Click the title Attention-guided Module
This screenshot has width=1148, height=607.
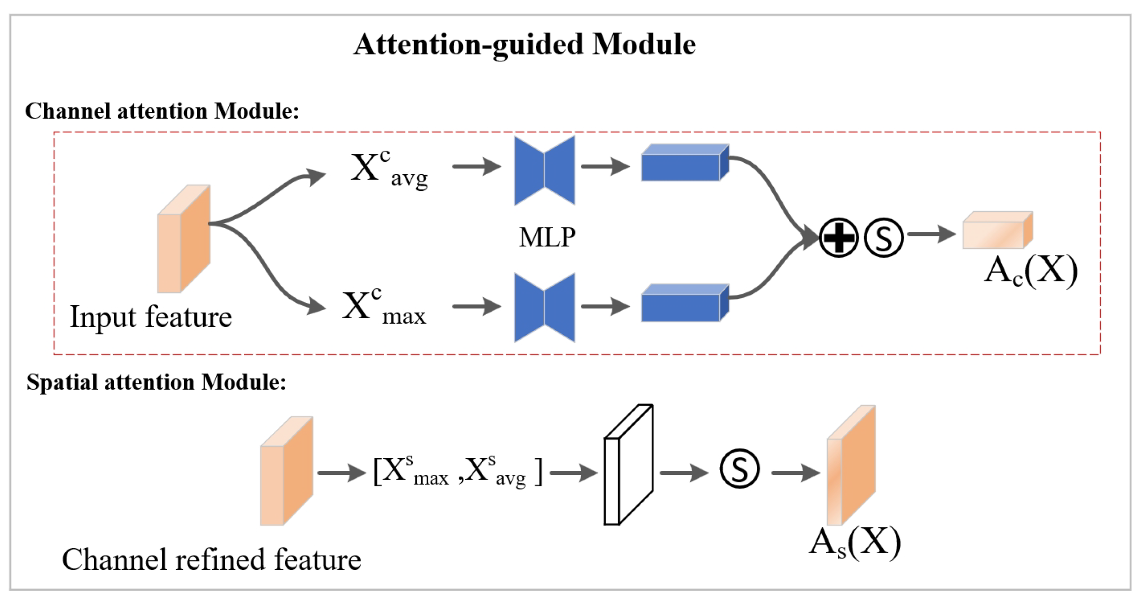tap(524, 45)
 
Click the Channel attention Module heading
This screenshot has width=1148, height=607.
tap(162, 111)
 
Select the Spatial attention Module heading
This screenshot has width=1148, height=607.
tap(156, 382)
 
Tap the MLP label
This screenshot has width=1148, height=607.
tap(547, 237)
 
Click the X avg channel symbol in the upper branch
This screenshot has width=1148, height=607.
tap(388, 170)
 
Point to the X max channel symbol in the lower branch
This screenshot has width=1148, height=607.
tap(383, 307)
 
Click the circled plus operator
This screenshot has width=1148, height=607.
tap(838, 237)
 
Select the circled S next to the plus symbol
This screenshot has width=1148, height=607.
tap(883, 237)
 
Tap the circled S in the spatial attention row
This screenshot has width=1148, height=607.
tap(739, 469)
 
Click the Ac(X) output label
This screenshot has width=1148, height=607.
tap(1030, 271)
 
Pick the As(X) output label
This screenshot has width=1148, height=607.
tap(854, 543)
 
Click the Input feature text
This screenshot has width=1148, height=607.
tap(151, 317)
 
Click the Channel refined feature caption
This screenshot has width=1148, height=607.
tap(212, 560)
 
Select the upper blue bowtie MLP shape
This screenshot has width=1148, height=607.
tap(544, 170)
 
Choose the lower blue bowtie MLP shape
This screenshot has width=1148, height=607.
tap(544, 307)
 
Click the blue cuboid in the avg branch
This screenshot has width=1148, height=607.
tap(685, 163)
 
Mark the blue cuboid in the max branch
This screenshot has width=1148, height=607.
tap(685, 303)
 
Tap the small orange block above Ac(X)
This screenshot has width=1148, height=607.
tap(997, 231)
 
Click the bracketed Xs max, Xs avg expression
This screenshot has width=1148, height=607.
tap(458, 471)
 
